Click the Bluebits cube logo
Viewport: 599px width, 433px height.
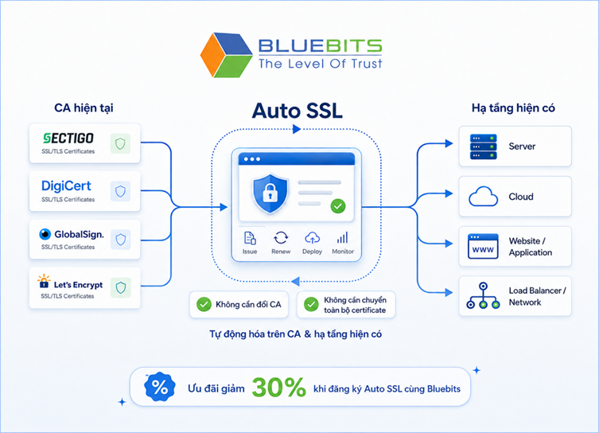tap(226, 55)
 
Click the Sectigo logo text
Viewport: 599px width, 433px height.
tap(68, 138)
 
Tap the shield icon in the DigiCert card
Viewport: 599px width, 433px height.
tap(120, 191)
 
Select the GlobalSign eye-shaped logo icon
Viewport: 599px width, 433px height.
tap(45, 234)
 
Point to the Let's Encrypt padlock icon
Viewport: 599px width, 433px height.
tap(44, 281)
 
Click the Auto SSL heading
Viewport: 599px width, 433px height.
tap(297, 111)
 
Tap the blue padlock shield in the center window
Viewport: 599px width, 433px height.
tap(270, 193)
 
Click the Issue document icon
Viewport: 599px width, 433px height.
tap(250, 238)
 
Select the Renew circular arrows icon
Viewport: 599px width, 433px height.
tap(281, 238)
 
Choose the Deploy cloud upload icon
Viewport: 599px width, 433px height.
tap(312, 238)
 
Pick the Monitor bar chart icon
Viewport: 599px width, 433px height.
tap(342, 238)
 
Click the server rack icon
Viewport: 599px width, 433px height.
tap(483, 146)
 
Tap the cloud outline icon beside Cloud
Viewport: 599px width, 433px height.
tap(483, 197)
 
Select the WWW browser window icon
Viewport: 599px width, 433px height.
tap(483, 247)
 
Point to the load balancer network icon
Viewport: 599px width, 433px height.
tap(483, 295)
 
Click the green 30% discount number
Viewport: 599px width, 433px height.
tap(279, 388)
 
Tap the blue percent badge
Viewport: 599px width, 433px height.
tap(160, 387)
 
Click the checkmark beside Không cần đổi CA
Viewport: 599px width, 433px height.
tap(204, 304)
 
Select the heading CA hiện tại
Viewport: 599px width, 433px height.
tap(84, 108)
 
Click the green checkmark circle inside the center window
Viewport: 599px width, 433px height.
tap(338, 206)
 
